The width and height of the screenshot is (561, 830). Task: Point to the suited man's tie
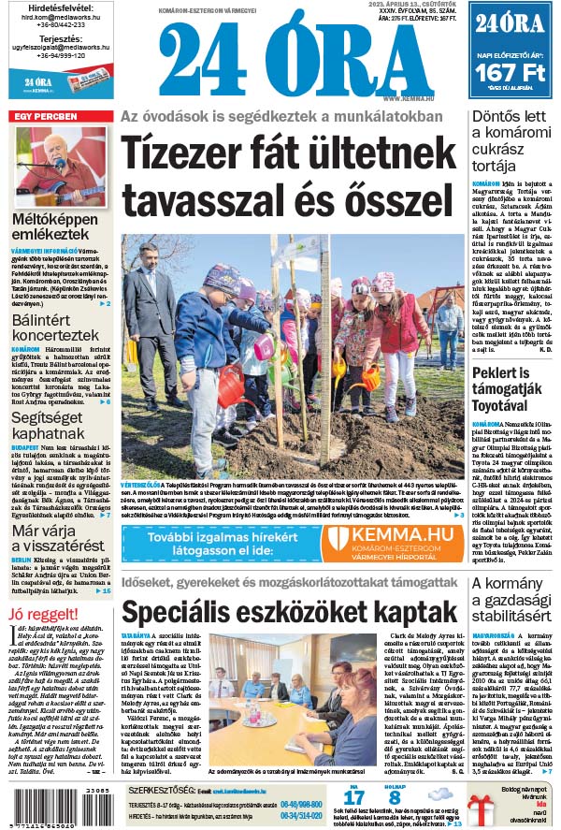click(x=151, y=281)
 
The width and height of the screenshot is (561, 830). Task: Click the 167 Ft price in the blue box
click(x=512, y=74)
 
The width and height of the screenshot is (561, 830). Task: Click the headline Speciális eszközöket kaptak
click(x=287, y=612)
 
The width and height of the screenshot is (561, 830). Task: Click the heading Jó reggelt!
click(x=43, y=614)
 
